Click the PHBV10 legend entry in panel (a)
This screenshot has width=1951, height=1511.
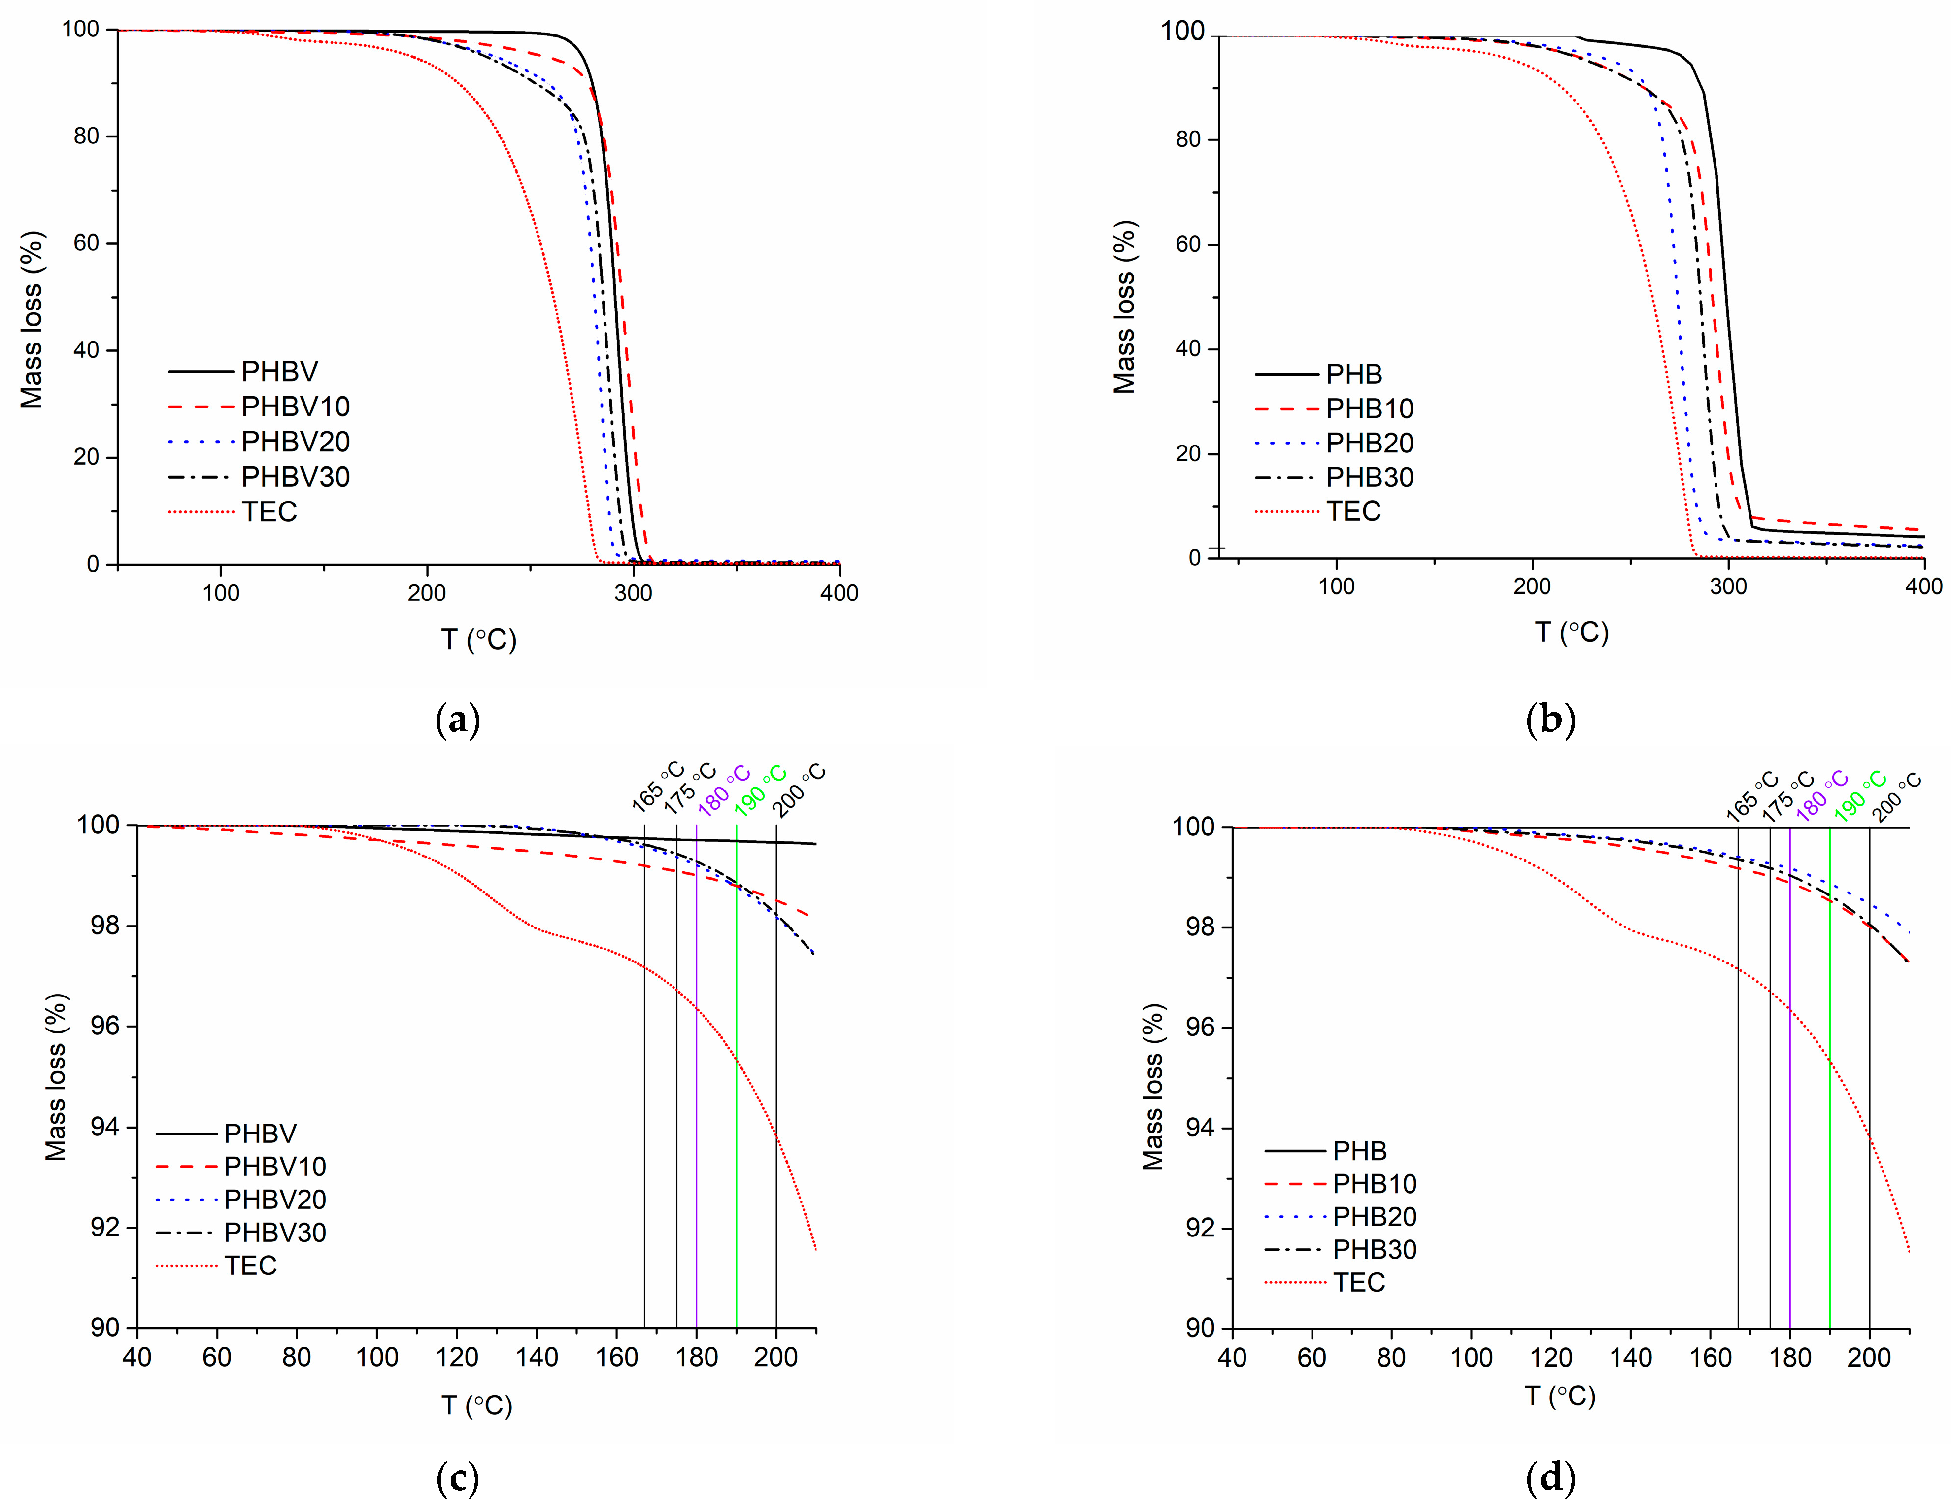point(295,407)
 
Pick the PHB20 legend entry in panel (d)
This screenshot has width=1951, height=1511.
point(1374,1216)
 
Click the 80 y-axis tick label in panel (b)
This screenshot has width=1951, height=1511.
point(1188,139)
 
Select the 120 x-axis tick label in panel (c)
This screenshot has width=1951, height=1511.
point(457,1357)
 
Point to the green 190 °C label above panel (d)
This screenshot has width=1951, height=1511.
point(1860,795)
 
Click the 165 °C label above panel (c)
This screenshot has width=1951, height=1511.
point(658,787)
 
